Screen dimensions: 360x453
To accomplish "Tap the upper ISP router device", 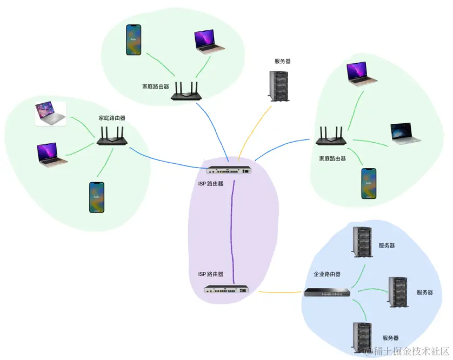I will tap(229, 170).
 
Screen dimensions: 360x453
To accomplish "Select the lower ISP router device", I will tap(228, 290).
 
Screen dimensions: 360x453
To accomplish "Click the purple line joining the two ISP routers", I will tap(233, 232).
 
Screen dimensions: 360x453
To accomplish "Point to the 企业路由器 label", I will tap(327, 275).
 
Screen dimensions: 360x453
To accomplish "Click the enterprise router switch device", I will tap(327, 292).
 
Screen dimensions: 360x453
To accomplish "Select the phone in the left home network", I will tap(97, 197).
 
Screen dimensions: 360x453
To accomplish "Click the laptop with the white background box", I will tap(50, 114).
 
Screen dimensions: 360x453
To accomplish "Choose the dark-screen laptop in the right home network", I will tap(405, 133).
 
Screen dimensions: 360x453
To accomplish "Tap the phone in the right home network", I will tap(369, 183).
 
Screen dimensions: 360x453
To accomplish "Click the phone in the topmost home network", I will tap(134, 39).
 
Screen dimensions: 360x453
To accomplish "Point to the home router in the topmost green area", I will tap(185, 91).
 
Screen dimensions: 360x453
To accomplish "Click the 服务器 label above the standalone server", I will tap(282, 62).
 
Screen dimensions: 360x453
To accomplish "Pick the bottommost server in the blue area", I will tap(362, 337).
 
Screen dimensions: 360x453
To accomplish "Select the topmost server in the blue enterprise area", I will tap(362, 242).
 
